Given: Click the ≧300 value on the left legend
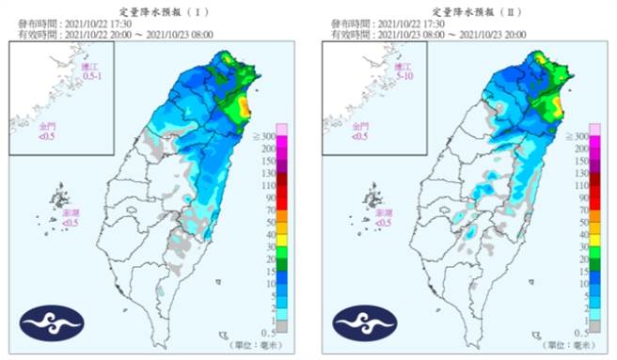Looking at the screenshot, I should pos(266,137).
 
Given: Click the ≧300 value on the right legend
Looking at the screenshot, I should pos(578,137).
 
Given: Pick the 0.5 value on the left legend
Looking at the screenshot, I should pos(268,333).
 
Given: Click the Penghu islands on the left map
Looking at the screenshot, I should pos(61,201).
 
